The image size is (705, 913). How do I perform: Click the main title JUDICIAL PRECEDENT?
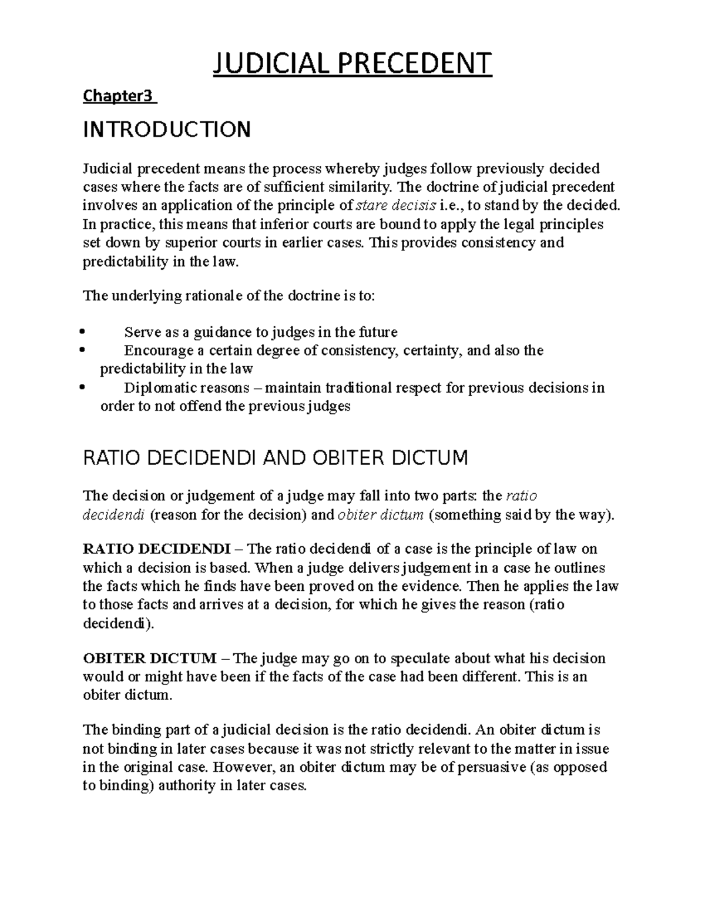click(x=352, y=63)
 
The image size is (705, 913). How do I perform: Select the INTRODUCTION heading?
click(x=167, y=129)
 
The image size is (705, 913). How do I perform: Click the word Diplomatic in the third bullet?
click(x=160, y=388)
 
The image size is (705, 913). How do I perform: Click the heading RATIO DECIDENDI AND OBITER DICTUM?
click(x=276, y=457)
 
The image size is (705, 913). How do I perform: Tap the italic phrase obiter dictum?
click(x=380, y=516)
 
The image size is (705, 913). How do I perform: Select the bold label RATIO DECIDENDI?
click(x=156, y=549)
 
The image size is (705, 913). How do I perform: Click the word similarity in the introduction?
click(x=362, y=188)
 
